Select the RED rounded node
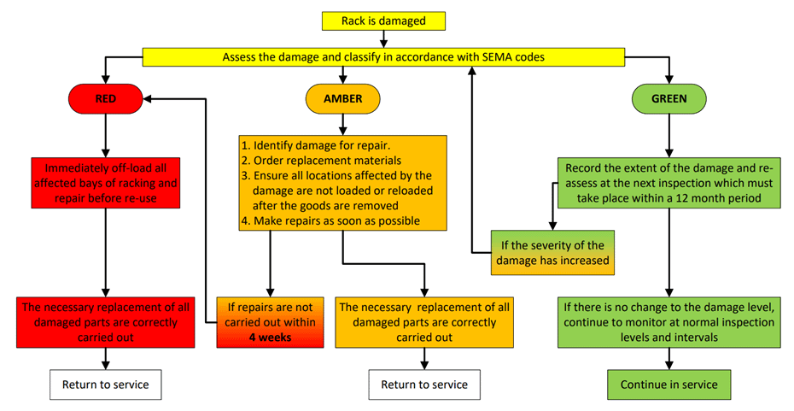(105, 99)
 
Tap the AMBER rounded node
(342, 99)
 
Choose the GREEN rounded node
(668, 99)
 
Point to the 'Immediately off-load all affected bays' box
(105, 182)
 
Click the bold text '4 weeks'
(271, 337)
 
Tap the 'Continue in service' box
(668, 384)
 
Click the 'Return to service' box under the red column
(105, 385)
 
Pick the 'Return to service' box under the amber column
(424, 385)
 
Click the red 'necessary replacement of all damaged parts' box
(105, 322)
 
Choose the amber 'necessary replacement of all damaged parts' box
(424, 322)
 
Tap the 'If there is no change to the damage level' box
(668, 322)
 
